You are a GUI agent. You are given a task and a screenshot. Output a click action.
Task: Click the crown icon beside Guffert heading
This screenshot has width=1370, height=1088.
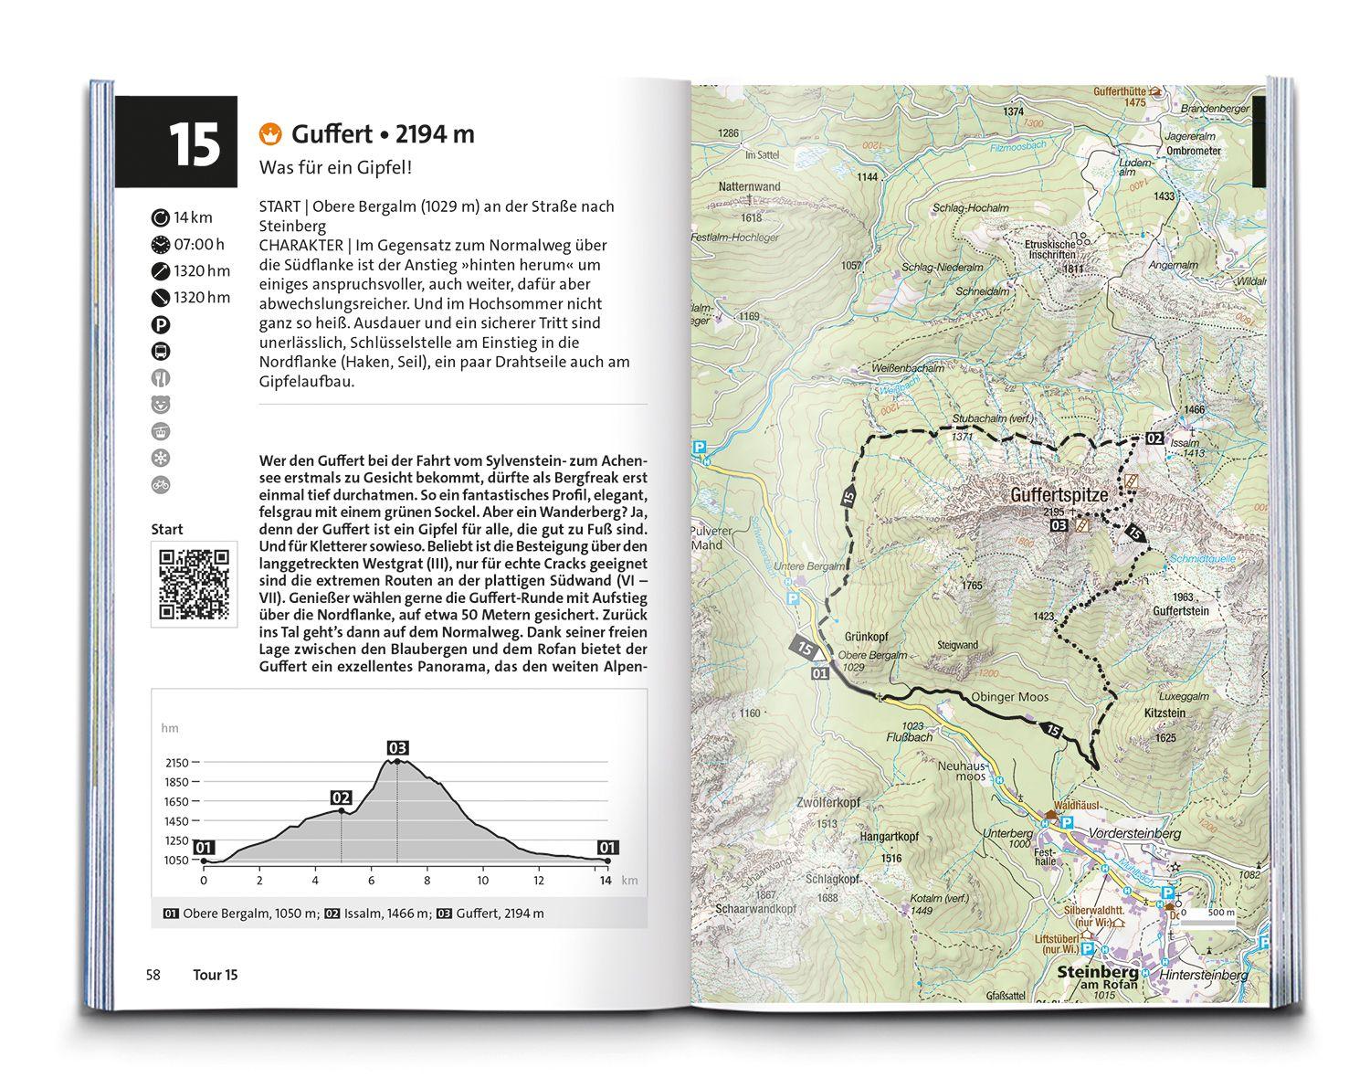pos(269,134)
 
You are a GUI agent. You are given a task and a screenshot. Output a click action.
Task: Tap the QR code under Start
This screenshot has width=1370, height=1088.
pos(194,585)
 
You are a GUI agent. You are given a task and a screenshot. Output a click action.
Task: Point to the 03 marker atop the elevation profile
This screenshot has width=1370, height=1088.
pos(397,748)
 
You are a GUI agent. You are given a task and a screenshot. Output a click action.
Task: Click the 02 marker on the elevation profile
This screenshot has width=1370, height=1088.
pos(342,796)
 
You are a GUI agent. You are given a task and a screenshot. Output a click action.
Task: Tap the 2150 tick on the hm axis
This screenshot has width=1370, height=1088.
pos(176,763)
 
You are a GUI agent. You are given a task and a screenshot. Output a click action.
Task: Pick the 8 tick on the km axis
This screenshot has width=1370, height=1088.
pos(427,881)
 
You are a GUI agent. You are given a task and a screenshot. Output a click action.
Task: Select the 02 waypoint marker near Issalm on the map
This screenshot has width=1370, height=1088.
pos(1154,438)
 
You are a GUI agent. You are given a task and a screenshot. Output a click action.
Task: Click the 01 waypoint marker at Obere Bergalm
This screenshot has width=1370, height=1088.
pos(818,674)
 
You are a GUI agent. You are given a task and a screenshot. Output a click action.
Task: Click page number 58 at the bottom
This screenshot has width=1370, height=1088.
pos(153,975)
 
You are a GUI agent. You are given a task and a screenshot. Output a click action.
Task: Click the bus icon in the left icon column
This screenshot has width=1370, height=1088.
pos(161,351)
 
